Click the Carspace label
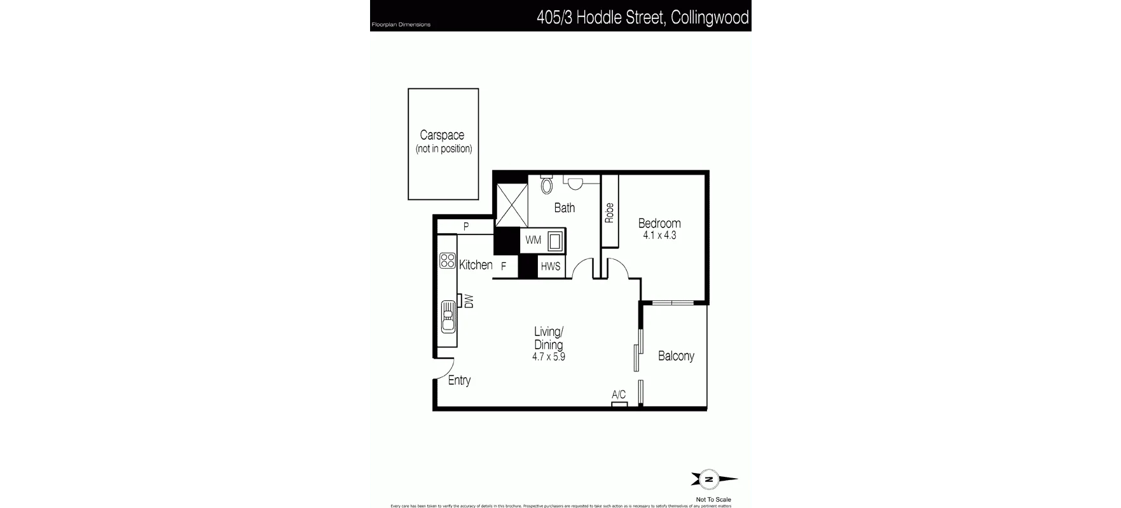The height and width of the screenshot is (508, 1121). coord(442,135)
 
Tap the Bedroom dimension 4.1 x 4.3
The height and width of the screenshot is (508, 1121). coord(659,236)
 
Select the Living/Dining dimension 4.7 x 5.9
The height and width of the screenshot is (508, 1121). coord(548,357)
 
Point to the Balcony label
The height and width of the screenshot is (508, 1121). coord(676,356)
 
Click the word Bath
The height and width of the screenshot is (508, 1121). coord(565,208)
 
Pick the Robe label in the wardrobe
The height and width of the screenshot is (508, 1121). coord(610,212)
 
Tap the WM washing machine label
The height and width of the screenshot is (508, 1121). coord(533,240)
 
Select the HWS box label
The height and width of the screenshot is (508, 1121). coord(551,267)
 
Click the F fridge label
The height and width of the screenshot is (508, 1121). coord(504,267)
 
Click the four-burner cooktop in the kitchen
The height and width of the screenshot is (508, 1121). coord(447,261)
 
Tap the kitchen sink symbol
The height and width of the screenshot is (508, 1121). coord(448,316)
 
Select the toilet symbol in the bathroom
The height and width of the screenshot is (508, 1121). coord(547,185)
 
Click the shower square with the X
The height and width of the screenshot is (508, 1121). coord(512,205)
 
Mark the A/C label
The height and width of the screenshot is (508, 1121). coord(619,395)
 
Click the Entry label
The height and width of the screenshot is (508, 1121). coord(459,381)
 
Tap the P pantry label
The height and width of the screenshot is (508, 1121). coord(466,226)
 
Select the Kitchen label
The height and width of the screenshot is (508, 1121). coord(476,265)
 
